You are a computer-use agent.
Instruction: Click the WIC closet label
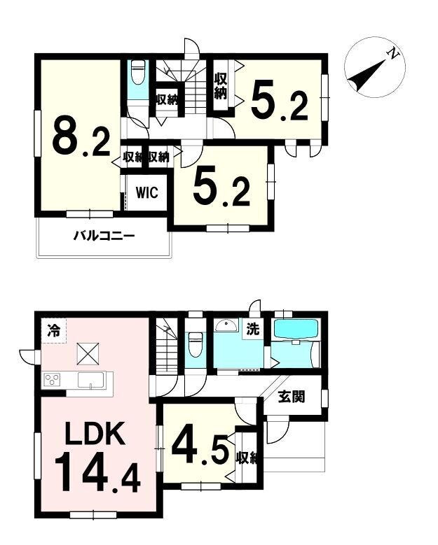click(x=147, y=192)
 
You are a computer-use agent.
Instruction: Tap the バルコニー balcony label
click(x=104, y=237)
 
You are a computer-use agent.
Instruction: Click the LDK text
click(x=95, y=433)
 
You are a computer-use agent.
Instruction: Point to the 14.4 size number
click(x=97, y=474)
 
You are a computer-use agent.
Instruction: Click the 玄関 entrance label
click(x=292, y=396)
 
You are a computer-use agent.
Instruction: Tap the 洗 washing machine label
click(x=253, y=328)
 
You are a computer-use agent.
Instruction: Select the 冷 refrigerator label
click(x=54, y=330)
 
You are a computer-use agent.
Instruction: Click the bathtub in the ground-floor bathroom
click(x=296, y=329)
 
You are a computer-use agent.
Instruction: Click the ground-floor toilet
click(x=195, y=344)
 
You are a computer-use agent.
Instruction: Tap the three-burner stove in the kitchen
click(x=52, y=380)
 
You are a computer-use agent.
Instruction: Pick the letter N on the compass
click(x=393, y=54)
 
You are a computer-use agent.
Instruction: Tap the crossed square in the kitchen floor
click(x=88, y=354)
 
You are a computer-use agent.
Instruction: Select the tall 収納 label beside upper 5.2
click(x=220, y=86)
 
